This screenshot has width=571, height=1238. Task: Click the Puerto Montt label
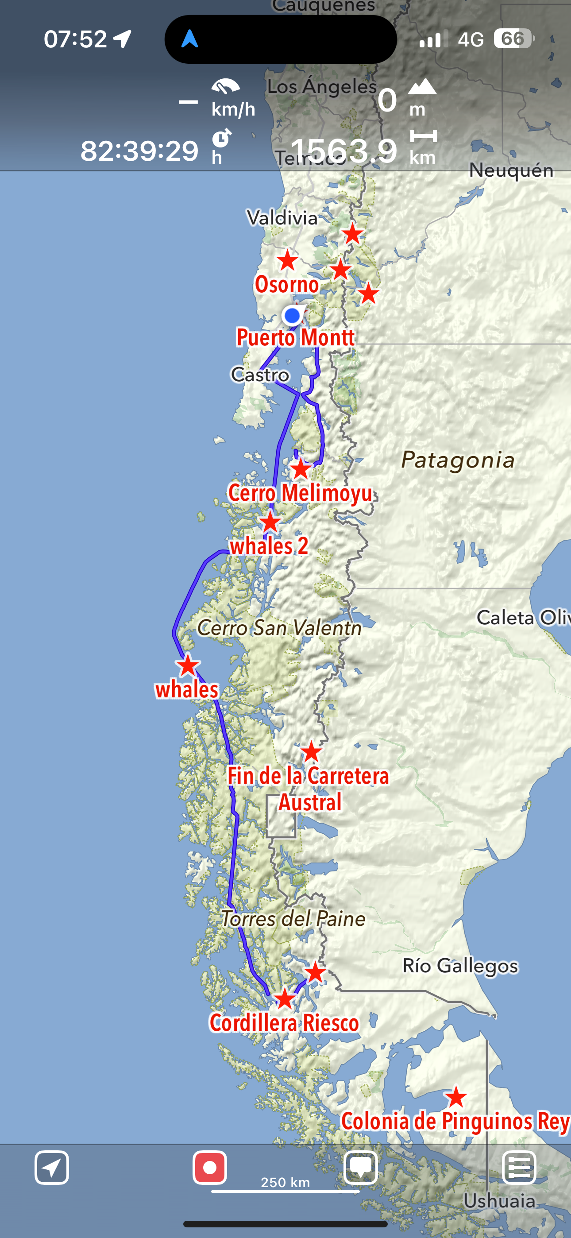[x=295, y=337]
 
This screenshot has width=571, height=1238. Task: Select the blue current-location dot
[x=292, y=316]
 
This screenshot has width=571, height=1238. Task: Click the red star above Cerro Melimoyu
[x=301, y=469]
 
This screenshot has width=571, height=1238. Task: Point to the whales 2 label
[x=269, y=546]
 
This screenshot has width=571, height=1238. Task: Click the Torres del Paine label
[x=293, y=919]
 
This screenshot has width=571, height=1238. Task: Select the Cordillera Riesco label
[x=284, y=1023]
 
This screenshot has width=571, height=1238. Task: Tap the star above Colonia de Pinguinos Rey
[x=455, y=1097]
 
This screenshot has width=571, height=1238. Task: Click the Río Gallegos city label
[x=460, y=966]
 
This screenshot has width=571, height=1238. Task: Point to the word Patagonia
[x=458, y=460]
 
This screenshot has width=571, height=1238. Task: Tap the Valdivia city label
[x=282, y=218]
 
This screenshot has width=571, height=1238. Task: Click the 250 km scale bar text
[x=285, y=1182]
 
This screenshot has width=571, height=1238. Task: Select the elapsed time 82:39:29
[x=139, y=151]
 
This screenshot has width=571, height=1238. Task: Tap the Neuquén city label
[x=511, y=170]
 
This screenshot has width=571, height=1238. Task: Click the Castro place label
[x=260, y=375]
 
